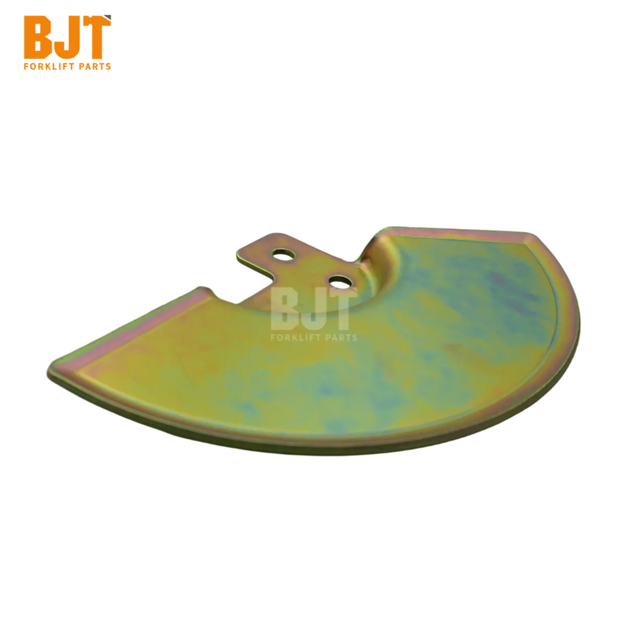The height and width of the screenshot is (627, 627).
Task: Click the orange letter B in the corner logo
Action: tap(38, 38)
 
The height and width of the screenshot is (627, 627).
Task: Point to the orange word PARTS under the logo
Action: tap(95, 67)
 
